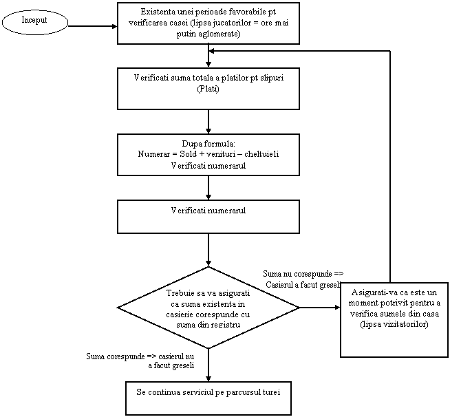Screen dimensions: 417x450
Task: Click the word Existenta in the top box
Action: click(158, 12)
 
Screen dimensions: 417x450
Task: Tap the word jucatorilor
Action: click(214, 23)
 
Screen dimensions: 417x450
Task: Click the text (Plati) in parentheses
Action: click(208, 89)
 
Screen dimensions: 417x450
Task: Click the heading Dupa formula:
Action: click(208, 143)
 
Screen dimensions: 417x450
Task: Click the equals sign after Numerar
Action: click(173, 154)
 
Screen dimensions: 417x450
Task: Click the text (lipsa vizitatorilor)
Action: click(394, 325)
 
